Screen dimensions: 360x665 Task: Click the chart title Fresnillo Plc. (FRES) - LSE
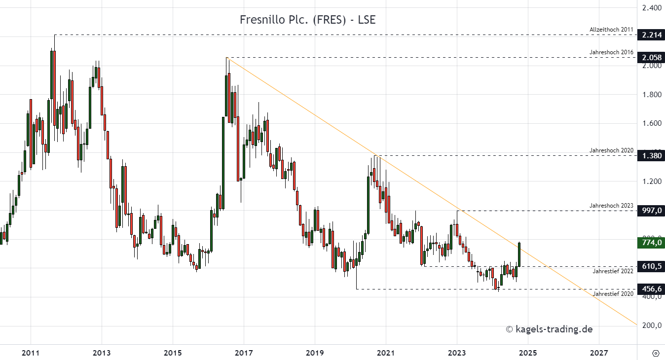[307, 20]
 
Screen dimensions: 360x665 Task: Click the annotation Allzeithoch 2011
[611, 30]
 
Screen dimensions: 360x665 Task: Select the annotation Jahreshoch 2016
[611, 52]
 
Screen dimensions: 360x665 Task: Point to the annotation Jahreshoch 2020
[611, 150]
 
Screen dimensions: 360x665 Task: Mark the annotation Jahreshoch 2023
[611, 205]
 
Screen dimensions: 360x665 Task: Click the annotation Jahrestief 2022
[612, 271]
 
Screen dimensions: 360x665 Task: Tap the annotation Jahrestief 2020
[612, 294]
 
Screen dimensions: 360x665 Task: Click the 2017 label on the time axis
[244, 353]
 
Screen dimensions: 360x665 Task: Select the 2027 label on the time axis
[598, 353]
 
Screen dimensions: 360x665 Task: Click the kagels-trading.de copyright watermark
[549, 329]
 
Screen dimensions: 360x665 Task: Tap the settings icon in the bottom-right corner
[656, 353]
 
